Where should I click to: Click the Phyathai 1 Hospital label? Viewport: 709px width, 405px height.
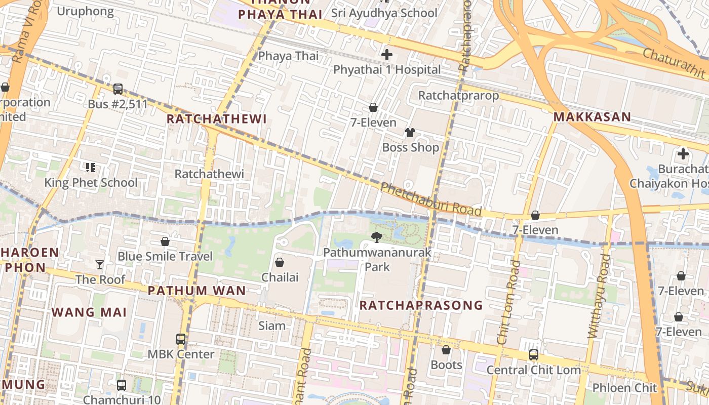[x=387, y=69]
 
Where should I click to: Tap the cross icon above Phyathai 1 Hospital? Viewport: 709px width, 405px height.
[x=387, y=55]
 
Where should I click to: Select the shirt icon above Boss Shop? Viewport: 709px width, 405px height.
[x=410, y=133]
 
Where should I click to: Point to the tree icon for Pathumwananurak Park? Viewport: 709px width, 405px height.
[x=376, y=237]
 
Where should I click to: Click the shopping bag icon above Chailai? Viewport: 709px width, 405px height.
[x=279, y=262]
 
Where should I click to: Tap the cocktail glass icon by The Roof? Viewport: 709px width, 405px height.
[x=100, y=264]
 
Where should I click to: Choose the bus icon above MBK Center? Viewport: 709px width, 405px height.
[x=181, y=339]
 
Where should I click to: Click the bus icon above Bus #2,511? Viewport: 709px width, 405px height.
[x=118, y=89]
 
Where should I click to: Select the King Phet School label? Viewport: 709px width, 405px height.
[x=91, y=183]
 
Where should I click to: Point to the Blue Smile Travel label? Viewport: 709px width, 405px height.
[x=165, y=256]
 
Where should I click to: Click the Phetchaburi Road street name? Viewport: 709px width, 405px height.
[x=430, y=200]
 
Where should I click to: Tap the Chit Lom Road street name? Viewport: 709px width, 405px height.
[x=509, y=302]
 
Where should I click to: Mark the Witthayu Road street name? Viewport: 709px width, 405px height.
[x=599, y=296]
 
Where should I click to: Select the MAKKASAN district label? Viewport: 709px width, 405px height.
[x=592, y=117]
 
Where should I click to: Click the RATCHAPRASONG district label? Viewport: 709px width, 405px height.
[x=421, y=305]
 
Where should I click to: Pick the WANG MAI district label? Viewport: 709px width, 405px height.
[x=89, y=312]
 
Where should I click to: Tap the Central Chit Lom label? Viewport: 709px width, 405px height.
[x=533, y=370]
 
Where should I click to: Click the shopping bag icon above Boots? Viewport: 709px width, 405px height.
[x=446, y=350]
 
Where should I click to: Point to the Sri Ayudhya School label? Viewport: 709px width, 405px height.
[x=384, y=13]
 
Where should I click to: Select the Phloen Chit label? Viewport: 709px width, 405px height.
[x=624, y=388]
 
